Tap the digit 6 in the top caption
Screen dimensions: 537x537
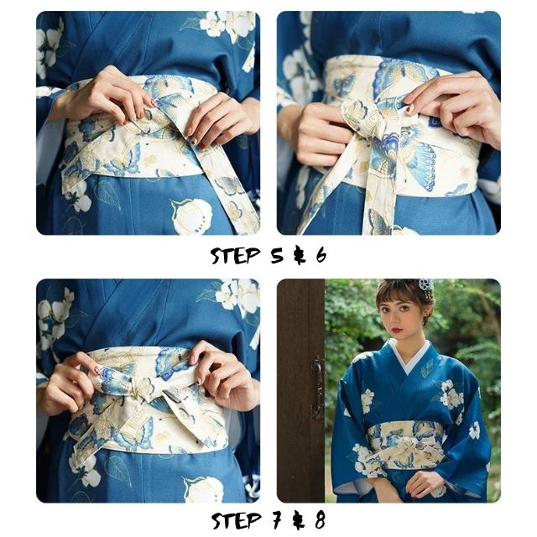pos(321,256)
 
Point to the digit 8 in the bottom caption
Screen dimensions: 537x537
pos(320,519)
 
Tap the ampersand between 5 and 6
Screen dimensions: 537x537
pos(297,256)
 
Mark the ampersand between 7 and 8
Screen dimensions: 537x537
pos(297,519)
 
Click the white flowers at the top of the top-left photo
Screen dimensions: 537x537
pos(225,25)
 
